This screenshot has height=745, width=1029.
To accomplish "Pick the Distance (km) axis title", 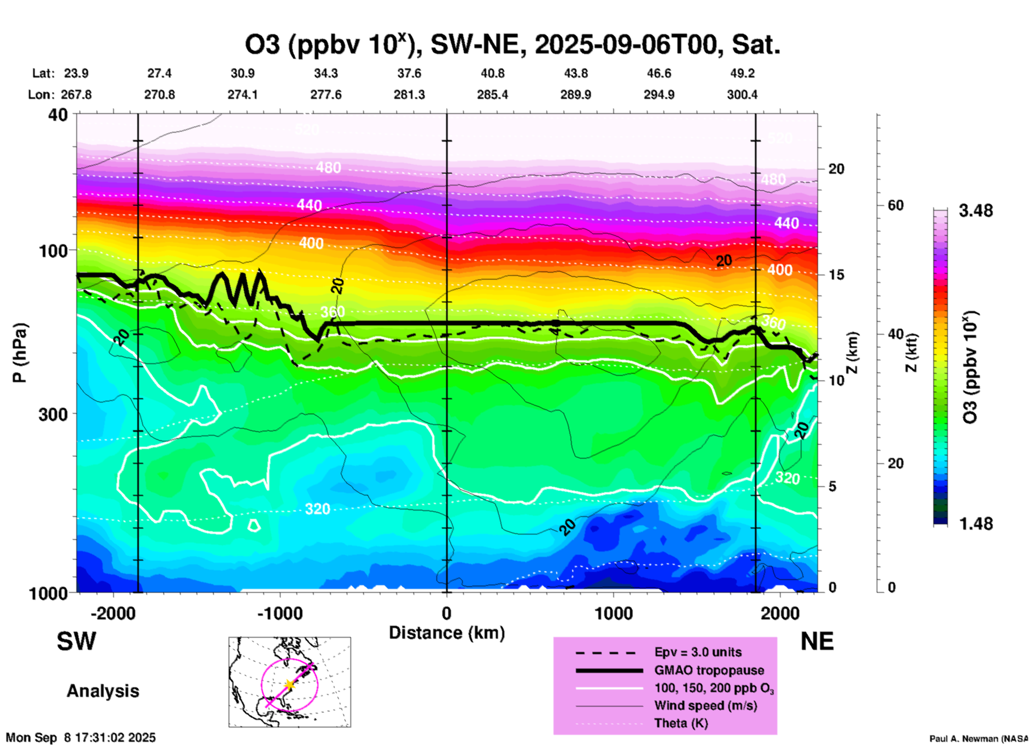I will pyautogui.click(x=447, y=633).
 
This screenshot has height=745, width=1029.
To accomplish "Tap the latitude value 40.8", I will pyautogui.click(x=492, y=73).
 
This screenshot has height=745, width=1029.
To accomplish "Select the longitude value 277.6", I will pyautogui.click(x=325, y=95).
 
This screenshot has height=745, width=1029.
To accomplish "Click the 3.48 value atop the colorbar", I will pyautogui.click(x=976, y=211).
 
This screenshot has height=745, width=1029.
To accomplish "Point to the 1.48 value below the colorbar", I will pyautogui.click(x=976, y=524).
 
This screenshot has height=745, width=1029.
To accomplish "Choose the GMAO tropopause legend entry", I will pyautogui.click(x=709, y=670).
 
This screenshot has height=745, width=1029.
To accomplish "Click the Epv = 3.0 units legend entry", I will pyautogui.click(x=698, y=652).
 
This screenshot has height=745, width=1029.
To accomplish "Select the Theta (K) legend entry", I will pyautogui.click(x=681, y=723).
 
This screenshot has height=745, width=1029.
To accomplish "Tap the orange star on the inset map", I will pyautogui.click(x=289, y=684).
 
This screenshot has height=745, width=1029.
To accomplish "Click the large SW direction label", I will pyautogui.click(x=76, y=641).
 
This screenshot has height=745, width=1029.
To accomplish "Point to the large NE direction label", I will pyautogui.click(x=817, y=641).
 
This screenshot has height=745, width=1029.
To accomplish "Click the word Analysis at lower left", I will pyautogui.click(x=103, y=691).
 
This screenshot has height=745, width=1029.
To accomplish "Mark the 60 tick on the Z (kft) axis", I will pyautogui.click(x=895, y=205).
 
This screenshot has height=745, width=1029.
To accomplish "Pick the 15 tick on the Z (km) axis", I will pyautogui.click(x=836, y=275).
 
